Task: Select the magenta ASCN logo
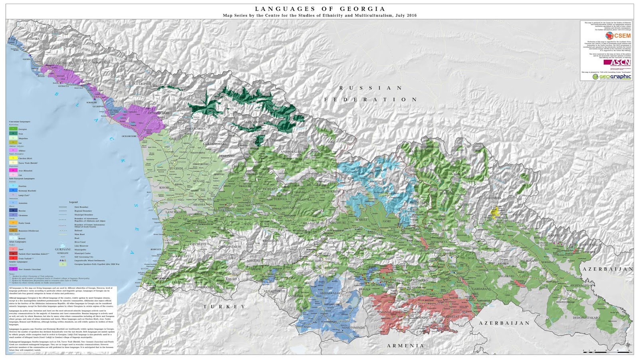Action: (621, 62)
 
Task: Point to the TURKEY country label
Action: (224, 307)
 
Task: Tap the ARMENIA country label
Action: (405, 346)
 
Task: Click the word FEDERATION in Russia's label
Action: (371, 99)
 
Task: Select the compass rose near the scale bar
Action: (628, 344)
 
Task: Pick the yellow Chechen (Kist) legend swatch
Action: (14, 158)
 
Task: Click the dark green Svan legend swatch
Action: (14, 134)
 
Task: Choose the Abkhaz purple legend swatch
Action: (14, 150)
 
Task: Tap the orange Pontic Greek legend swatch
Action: (14, 223)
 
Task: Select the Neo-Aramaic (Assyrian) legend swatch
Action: (14, 269)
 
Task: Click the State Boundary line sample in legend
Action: (63, 207)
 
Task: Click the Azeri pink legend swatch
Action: (14, 249)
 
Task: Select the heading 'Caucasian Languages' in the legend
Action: (20, 121)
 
